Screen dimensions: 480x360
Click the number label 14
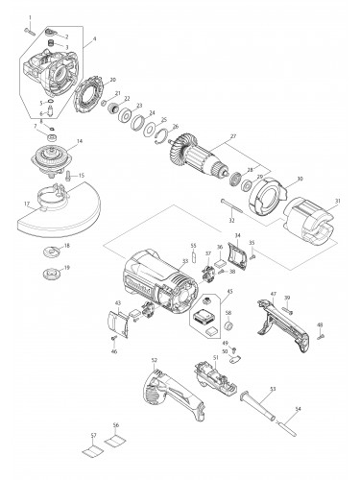click(x=79, y=142)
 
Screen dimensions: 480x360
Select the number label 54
click(x=297, y=410)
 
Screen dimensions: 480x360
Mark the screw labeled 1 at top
click(x=31, y=30)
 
